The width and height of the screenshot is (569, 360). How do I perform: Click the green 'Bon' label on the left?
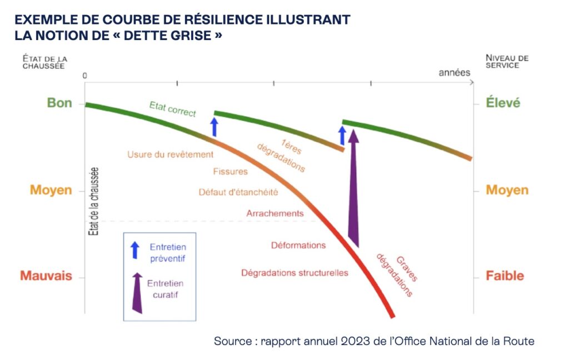click(59, 103)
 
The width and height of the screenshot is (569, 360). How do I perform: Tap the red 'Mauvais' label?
click(46, 276)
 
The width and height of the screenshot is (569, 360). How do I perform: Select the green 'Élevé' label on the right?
click(503, 103)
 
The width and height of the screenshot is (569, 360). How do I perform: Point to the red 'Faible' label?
click(505, 276)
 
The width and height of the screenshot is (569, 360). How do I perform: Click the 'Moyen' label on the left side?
click(51, 190)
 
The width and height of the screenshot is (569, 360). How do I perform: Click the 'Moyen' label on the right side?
click(507, 190)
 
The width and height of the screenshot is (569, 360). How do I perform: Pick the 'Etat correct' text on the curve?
click(172, 109)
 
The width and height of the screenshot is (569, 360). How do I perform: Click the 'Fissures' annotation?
click(230, 172)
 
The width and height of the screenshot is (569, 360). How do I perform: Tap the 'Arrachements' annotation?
click(275, 213)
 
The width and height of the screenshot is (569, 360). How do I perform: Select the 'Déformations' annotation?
click(298, 245)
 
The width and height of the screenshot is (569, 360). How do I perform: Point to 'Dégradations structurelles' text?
click(295, 273)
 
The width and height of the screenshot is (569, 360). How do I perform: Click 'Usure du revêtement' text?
click(170, 154)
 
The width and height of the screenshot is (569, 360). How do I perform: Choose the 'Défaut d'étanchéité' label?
click(238, 192)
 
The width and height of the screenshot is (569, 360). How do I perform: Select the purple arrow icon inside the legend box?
click(137, 292)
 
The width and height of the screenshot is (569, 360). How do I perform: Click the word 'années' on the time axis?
click(454, 73)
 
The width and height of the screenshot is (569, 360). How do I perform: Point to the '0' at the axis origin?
click(85, 75)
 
